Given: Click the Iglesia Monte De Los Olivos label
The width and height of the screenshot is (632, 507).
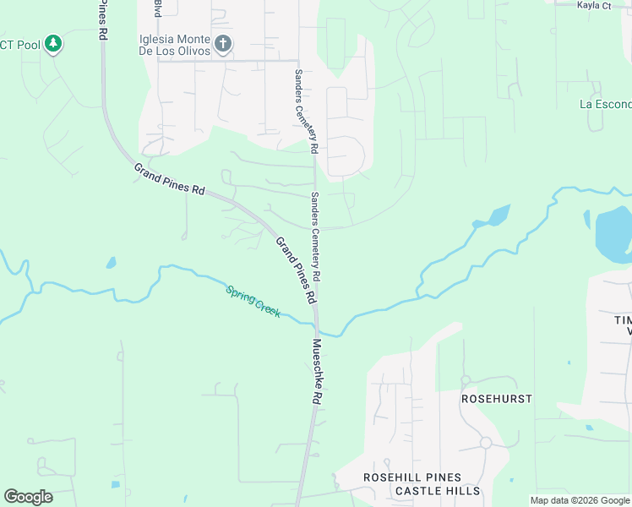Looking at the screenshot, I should click(x=175, y=45).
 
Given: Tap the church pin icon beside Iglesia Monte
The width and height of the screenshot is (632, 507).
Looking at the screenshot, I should click(x=223, y=44).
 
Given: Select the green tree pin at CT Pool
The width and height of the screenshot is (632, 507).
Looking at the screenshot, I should click(x=53, y=43).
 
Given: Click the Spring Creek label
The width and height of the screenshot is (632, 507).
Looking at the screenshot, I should click(x=253, y=302).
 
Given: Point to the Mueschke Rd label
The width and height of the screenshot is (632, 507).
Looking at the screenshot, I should click(x=319, y=371).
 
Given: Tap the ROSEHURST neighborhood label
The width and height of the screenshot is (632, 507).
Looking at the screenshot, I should click(x=496, y=397).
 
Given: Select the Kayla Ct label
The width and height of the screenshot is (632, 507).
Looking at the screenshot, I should click(x=593, y=5).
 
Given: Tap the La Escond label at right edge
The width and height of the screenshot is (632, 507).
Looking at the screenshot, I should click(x=605, y=104).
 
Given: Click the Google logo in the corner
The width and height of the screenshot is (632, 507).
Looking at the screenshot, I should click(x=28, y=497).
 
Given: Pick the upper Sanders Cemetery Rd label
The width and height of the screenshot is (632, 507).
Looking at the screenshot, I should click(x=305, y=111).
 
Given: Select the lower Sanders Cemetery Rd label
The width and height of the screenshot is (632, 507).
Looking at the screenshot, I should click(x=315, y=237).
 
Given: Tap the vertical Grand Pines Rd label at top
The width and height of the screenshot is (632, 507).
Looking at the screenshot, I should click(x=103, y=20).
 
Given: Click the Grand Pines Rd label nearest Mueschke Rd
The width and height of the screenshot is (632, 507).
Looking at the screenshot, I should click(x=296, y=270).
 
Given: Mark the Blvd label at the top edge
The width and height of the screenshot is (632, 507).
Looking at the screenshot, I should click(x=157, y=8).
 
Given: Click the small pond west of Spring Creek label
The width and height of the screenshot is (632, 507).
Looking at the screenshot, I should click(x=111, y=263).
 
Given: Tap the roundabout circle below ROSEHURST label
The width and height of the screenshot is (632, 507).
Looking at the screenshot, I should click(x=486, y=443).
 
